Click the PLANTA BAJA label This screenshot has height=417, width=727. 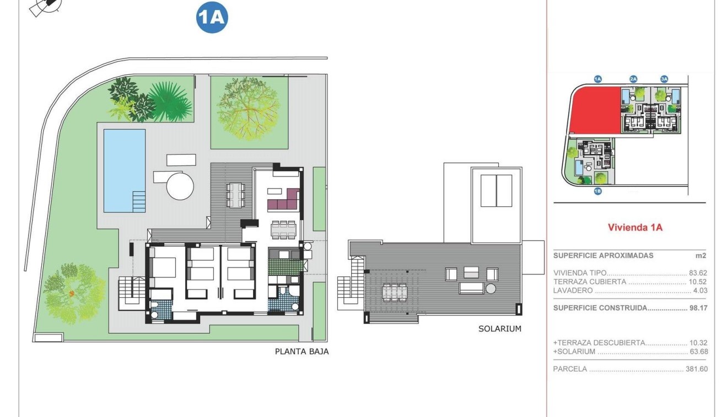[301, 351]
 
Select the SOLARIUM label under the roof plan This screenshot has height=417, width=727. [499, 329]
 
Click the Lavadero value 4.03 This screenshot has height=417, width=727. [699, 291]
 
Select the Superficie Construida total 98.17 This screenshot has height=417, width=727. [698, 308]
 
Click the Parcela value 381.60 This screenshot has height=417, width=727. [696, 369]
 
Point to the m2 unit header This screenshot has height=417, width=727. [701, 256]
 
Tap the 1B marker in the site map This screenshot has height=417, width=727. [597, 191]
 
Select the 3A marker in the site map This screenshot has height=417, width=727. [664, 79]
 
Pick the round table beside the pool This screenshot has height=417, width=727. [180, 186]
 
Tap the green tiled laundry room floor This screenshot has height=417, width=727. [285, 267]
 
